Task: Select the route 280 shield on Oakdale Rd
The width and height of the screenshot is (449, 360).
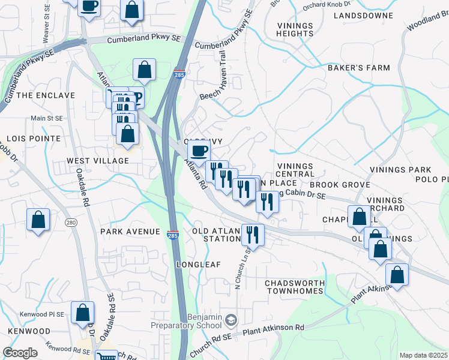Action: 71,223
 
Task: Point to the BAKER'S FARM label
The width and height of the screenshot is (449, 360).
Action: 358,68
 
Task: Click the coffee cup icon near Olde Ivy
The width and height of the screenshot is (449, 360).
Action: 199,151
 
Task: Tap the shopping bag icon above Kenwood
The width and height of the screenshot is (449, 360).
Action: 83,312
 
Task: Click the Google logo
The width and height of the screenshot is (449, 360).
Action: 20,353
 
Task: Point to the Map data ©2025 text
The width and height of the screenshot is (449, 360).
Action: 423,355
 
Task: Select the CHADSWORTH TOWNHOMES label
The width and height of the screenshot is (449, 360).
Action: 295,286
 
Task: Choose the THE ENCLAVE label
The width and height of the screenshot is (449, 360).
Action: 46,95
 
